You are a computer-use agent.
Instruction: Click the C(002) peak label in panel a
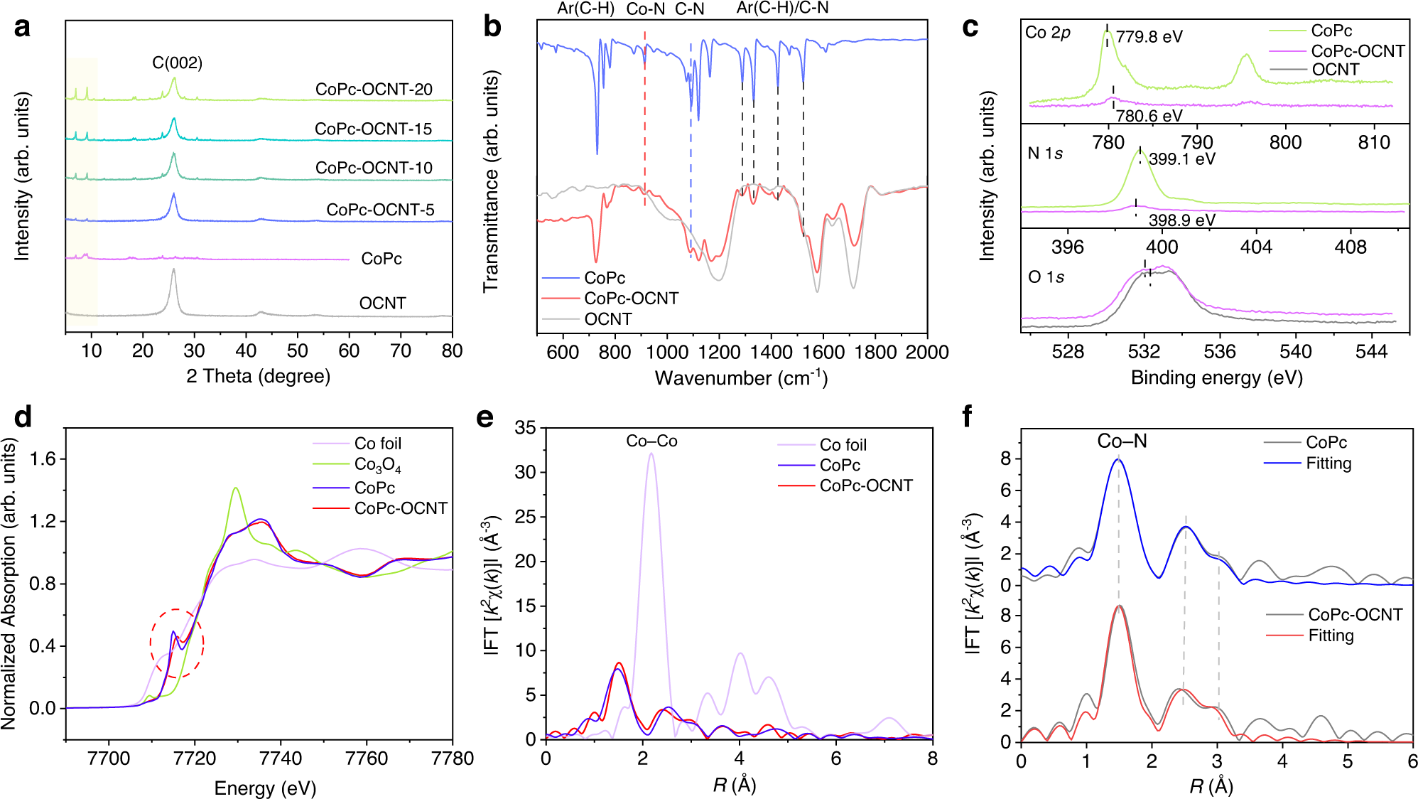[x=177, y=63]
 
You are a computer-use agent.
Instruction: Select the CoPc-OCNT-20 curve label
[x=374, y=90]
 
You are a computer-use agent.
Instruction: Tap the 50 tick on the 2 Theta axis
[x=297, y=351]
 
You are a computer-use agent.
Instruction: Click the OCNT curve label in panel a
[x=382, y=304]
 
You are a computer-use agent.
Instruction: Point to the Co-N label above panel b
[x=645, y=9]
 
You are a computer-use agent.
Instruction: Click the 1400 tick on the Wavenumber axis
[x=772, y=353]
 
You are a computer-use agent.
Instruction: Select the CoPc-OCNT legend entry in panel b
[x=631, y=299]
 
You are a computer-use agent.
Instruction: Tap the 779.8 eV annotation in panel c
[x=1149, y=37]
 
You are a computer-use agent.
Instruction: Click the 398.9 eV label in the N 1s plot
[x=1181, y=220]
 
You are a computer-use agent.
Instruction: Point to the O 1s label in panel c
[x=1046, y=277]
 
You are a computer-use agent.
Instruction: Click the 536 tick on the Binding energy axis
[x=1220, y=352]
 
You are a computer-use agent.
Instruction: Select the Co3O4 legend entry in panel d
[x=377, y=465]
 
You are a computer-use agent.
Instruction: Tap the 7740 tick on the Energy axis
[x=281, y=758]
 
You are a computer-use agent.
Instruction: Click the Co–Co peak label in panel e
[x=651, y=441]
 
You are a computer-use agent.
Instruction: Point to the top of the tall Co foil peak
[x=651, y=454]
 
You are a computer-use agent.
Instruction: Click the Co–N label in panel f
[x=1122, y=441]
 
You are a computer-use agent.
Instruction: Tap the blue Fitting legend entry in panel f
[x=1328, y=463]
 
